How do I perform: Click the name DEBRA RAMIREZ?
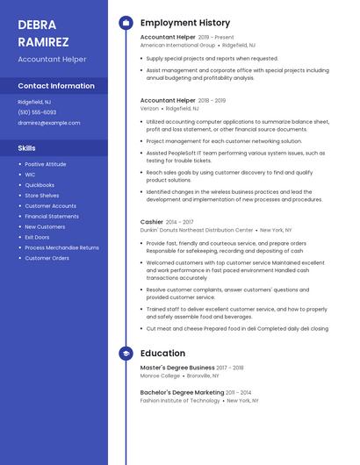[x=43, y=32]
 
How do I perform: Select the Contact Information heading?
[x=56, y=86]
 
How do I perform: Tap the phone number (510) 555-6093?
[x=37, y=112]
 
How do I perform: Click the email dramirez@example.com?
[x=49, y=123]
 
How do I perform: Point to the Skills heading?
[x=27, y=147]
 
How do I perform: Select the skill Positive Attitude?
[x=46, y=164]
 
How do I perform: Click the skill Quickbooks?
[x=40, y=185]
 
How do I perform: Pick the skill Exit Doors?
[x=37, y=237]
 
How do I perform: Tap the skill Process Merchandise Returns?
[x=61, y=247]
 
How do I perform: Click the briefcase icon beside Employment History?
[x=126, y=23]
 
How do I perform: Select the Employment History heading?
[x=185, y=23]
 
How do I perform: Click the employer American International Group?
[x=178, y=45]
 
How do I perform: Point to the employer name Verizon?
[x=150, y=108]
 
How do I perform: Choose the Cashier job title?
[x=152, y=222]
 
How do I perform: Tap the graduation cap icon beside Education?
[x=126, y=353]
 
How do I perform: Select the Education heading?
[x=162, y=353]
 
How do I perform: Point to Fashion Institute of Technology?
[x=180, y=400]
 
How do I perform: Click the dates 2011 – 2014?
[x=239, y=392]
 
